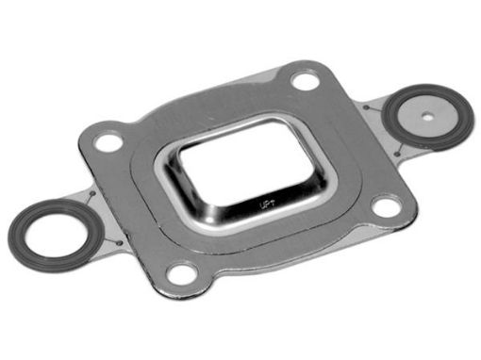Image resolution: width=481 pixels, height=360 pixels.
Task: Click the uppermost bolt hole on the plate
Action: click(305, 81)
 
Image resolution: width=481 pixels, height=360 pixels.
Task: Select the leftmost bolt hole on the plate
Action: click(109, 143)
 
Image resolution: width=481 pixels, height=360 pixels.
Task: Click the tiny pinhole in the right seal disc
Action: click(429, 117)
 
